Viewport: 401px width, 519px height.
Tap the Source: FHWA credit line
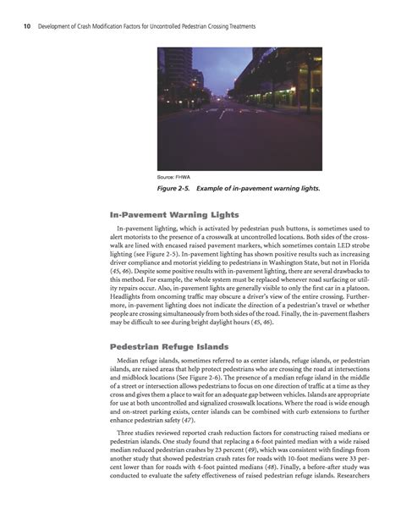click(x=173, y=177)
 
